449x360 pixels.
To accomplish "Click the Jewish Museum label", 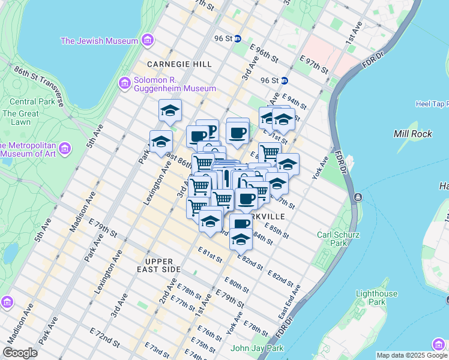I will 100,41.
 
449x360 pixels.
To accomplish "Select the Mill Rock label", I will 412,134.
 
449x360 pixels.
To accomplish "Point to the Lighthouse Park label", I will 376,298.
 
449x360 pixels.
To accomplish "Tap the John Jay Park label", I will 257,348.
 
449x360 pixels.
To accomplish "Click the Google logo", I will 20,353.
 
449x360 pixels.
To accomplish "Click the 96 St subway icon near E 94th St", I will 285,80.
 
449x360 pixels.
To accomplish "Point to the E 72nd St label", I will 104,336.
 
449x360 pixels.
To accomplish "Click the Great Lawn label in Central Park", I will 20,118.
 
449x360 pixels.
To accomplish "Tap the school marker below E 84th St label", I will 241,239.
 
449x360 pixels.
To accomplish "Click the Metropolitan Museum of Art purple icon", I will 65,148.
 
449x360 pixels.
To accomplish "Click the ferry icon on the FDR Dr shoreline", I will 358,197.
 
